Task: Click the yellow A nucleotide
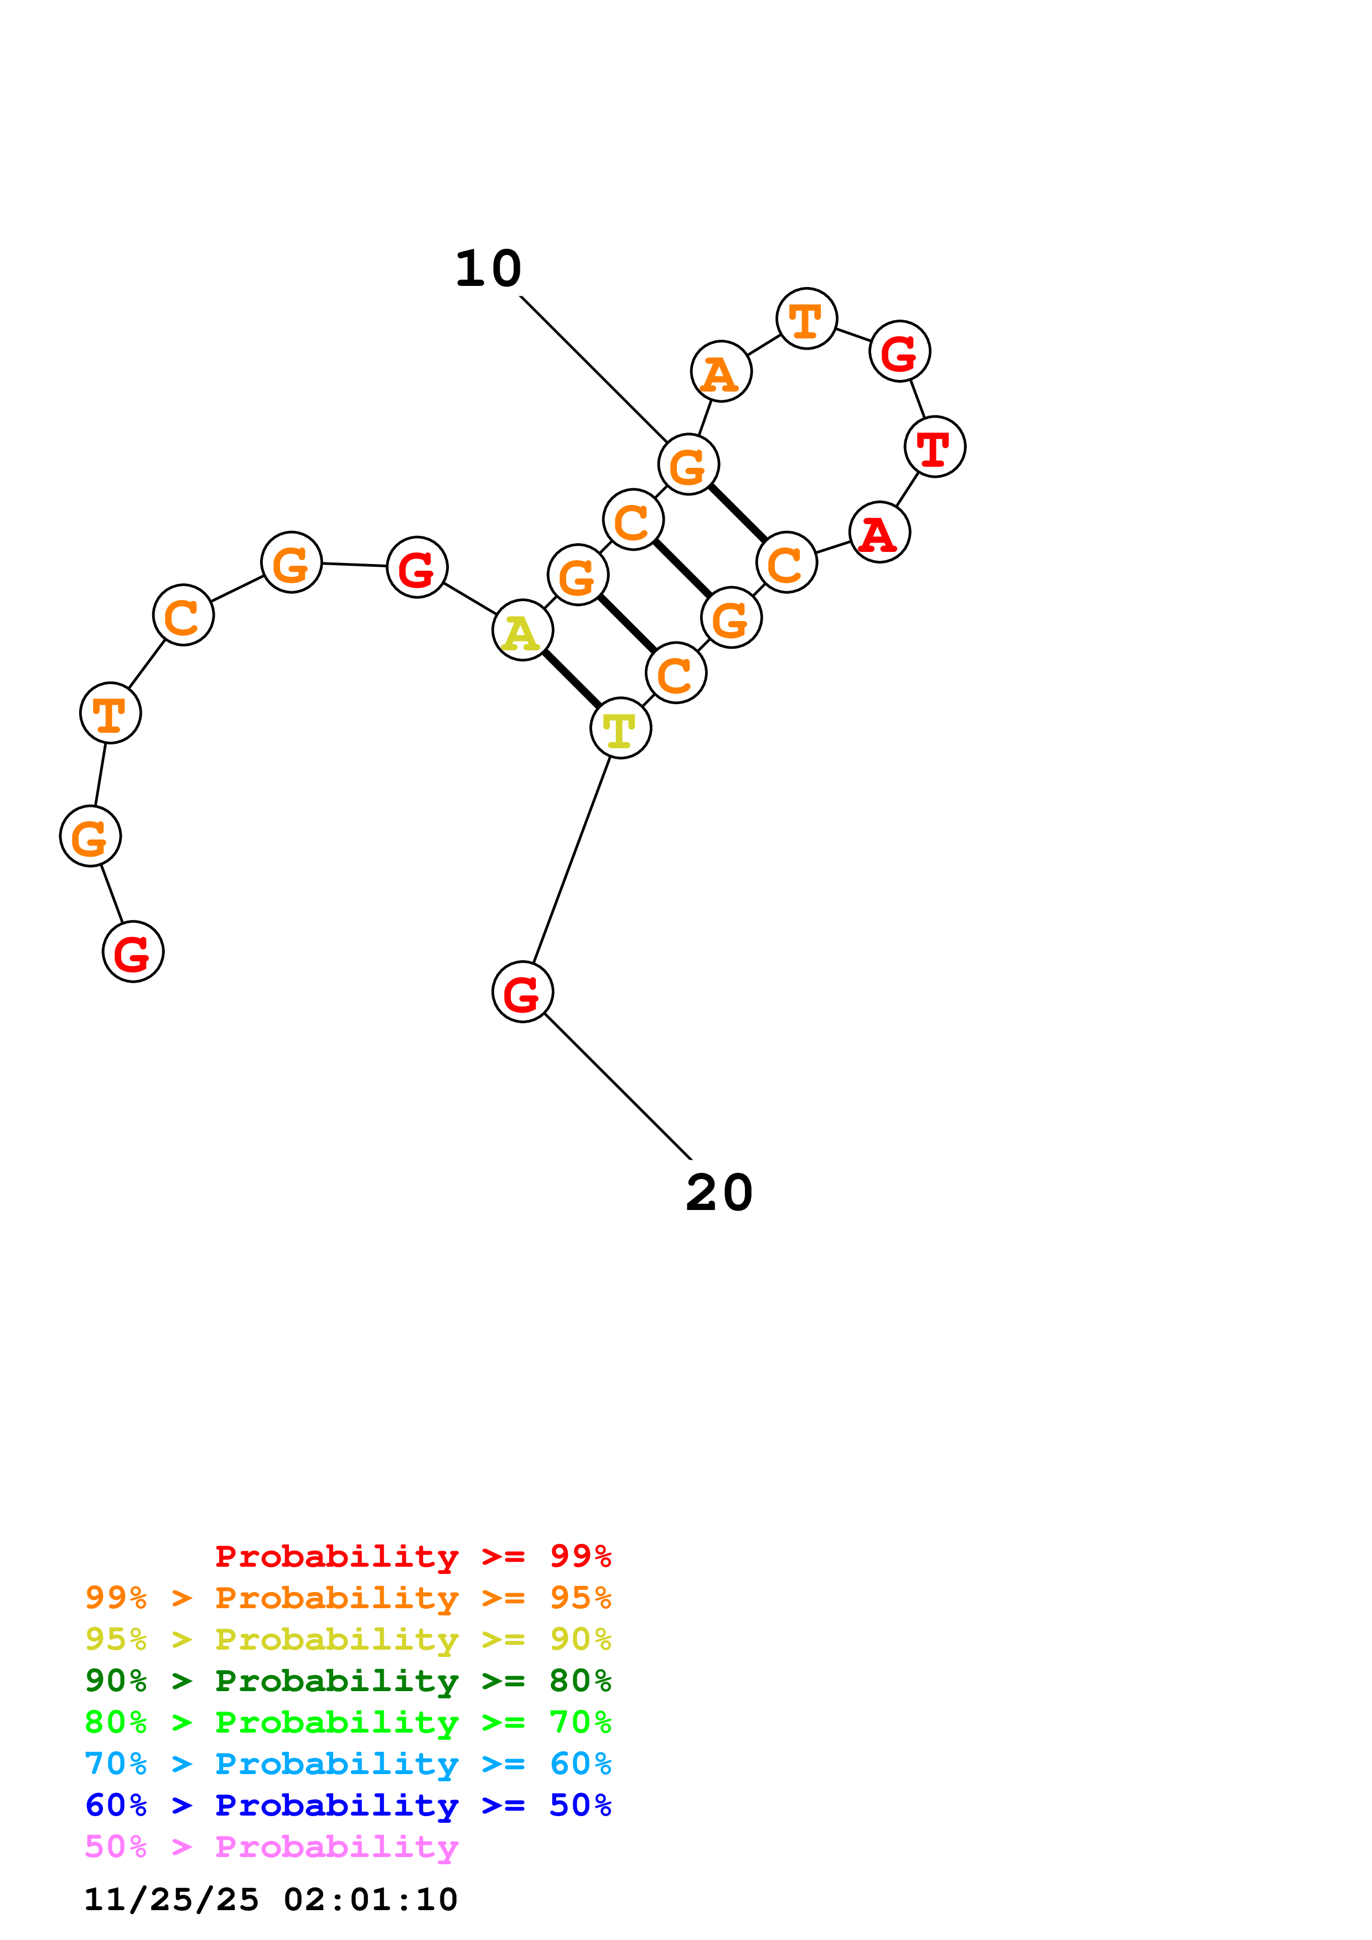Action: (x=522, y=630)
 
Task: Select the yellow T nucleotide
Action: (x=620, y=728)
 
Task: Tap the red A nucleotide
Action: (x=879, y=533)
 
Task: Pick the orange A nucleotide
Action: (x=721, y=372)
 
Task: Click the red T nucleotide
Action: (x=935, y=447)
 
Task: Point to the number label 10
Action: (x=489, y=269)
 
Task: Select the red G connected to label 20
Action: (x=522, y=992)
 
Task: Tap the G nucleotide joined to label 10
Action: (x=688, y=465)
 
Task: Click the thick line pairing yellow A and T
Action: (x=572, y=679)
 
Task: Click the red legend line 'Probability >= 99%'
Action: (x=412, y=1556)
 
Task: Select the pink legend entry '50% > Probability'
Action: (x=271, y=1847)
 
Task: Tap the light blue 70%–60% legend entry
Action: (x=348, y=1764)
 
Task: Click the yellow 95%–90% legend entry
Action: (x=348, y=1639)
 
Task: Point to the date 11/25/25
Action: (x=171, y=1900)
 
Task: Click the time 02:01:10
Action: (x=370, y=1900)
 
